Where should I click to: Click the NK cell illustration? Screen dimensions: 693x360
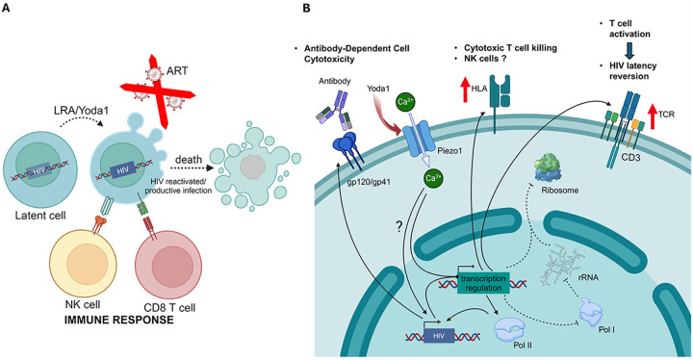(84, 264)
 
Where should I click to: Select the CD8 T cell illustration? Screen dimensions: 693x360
(168, 266)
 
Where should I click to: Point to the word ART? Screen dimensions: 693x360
(177, 71)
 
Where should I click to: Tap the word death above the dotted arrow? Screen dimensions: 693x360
(189, 159)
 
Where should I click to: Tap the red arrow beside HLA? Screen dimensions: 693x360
(465, 89)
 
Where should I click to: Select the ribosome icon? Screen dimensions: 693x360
(548, 167)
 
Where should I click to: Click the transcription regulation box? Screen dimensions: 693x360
(483, 283)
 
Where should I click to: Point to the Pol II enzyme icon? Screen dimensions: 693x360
(510, 328)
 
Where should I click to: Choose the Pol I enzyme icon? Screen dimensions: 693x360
(591, 312)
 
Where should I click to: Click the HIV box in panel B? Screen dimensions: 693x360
(439, 336)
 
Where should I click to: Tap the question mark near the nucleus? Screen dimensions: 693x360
(398, 227)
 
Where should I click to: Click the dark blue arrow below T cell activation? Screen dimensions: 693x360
(629, 50)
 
